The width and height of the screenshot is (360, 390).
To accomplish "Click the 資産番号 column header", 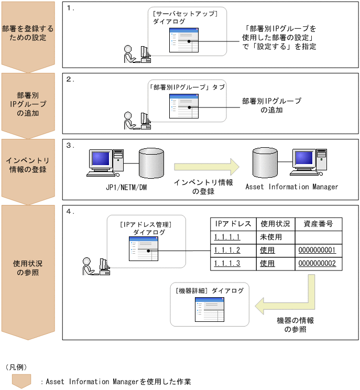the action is [318, 224].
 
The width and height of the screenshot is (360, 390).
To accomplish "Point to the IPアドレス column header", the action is [233, 224].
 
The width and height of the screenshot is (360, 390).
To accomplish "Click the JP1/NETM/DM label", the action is [126, 187].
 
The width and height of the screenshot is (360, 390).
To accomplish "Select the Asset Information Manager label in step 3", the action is [292, 187].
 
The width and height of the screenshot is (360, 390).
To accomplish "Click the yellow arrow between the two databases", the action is [206, 167].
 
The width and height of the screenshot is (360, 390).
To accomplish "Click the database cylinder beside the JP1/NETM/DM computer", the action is [151, 163].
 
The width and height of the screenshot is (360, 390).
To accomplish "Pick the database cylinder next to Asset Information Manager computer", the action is [265, 162].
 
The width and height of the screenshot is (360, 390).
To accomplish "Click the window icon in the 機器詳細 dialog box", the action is [209, 310].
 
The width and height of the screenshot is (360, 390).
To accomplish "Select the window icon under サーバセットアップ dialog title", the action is [184, 40].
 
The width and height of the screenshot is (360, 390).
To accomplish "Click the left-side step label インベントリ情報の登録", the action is [28, 165].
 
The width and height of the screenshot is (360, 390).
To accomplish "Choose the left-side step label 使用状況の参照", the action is [28, 268].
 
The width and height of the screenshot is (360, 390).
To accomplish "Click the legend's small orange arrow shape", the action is [21, 381].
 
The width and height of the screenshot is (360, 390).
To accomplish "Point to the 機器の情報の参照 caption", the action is [296, 325].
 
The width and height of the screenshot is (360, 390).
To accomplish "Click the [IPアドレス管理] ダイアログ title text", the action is [146, 229].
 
